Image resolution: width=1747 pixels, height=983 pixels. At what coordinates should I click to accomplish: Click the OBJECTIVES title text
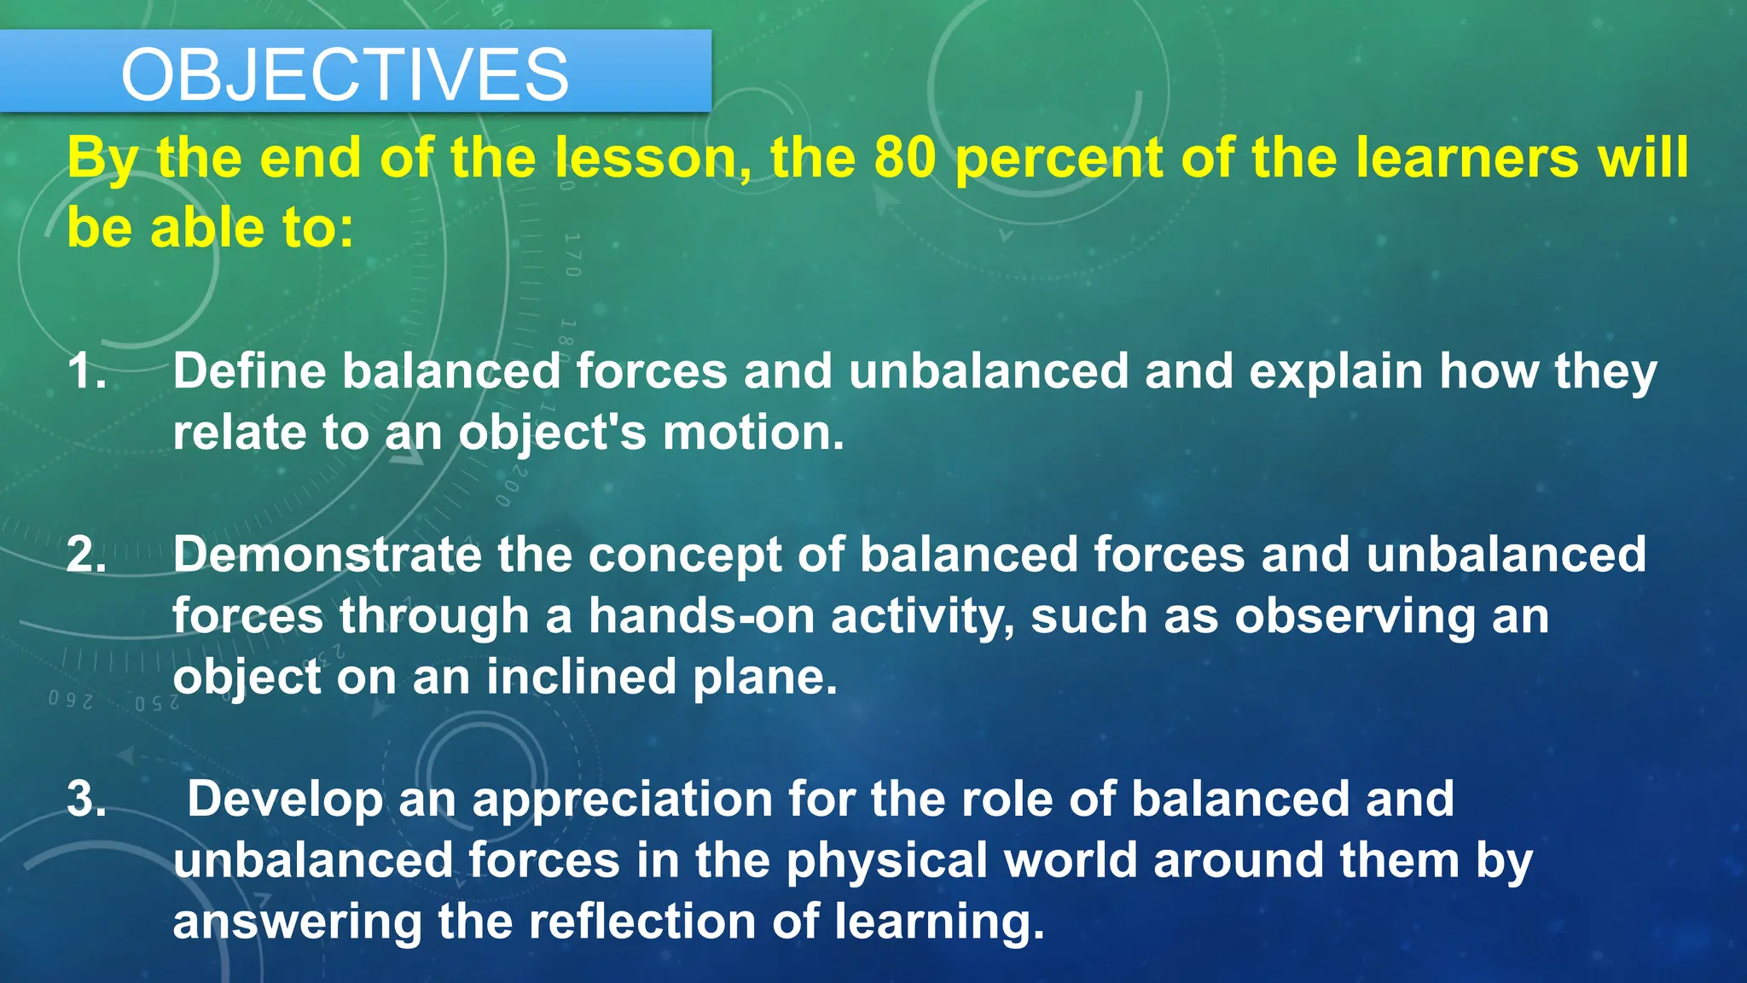point(345,75)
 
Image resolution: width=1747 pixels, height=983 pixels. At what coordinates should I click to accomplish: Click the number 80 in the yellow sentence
point(905,158)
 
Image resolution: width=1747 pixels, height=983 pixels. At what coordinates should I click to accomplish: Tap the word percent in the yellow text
point(1058,160)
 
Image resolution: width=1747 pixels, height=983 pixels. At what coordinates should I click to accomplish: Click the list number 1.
point(86,372)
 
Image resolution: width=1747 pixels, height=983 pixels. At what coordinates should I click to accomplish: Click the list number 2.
point(86,555)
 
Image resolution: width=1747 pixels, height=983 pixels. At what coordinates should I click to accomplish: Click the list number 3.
point(86,800)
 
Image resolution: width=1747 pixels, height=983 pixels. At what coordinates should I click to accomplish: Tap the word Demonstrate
point(327,555)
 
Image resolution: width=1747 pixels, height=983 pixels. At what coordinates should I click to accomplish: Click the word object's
point(553,434)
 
